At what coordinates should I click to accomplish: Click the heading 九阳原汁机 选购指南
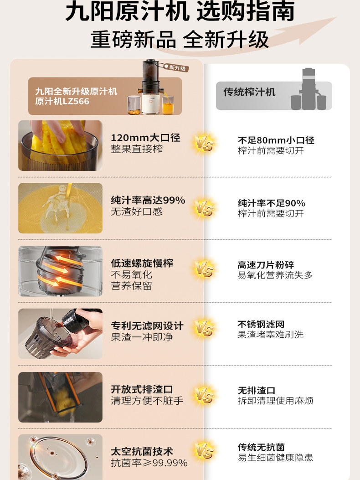pyautogui.click(x=180, y=12)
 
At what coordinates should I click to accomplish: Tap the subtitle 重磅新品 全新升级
pyautogui.click(x=180, y=39)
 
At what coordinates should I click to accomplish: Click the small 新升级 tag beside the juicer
pyautogui.click(x=177, y=68)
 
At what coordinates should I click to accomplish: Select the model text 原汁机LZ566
pyautogui.click(x=62, y=101)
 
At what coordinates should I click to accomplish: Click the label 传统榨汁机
pyautogui.click(x=249, y=92)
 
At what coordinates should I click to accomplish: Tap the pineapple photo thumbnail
pyautogui.click(x=60, y=145)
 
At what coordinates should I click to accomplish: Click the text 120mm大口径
pyautogui.click(x=145, y=138)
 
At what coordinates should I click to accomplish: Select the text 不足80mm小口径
pyautogui.click(x=276, y=140)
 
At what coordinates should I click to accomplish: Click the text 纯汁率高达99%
pyautogui.click(x=148, y=201)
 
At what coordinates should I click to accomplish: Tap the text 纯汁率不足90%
pyautogui.click(x=271, y=203)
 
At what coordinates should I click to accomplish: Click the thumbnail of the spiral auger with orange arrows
pyautogui.click(x=60, y=271)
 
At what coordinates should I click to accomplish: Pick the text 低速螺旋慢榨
pyautogui.click(x=142, y=263)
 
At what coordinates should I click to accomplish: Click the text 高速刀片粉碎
pyautogui.click(x=265, y=265)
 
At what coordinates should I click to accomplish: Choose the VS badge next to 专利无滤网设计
pyautogui.click(x=204, y=328)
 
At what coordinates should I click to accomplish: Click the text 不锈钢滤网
pyautogui.click(x=261, y=324)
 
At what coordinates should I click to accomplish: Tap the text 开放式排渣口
pyautogui.click(x=142, y=389)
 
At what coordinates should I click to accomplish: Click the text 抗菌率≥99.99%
pyautogui.click(x=149, y=463)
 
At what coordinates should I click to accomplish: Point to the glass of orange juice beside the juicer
pyautogui.click(x=168, y=106)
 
